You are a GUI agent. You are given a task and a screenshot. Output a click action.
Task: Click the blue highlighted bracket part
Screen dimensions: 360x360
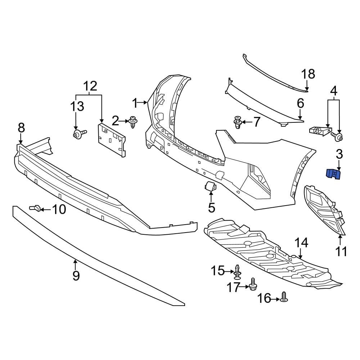coord(334,174)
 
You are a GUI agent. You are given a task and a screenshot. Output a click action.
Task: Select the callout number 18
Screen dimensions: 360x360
coord(308,74)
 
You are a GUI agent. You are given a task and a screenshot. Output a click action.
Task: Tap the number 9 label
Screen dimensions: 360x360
coord(76,275)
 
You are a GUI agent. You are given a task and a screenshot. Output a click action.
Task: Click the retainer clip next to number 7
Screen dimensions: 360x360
coord(238,122)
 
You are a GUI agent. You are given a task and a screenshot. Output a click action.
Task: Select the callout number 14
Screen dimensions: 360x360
coord(302,243)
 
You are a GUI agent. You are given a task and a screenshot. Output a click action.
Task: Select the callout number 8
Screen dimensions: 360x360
coord(21,127)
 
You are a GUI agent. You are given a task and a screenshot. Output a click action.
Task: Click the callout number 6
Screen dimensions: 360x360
coord(301,104)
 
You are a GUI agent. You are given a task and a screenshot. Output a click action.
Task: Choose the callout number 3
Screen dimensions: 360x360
coord(339,155)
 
